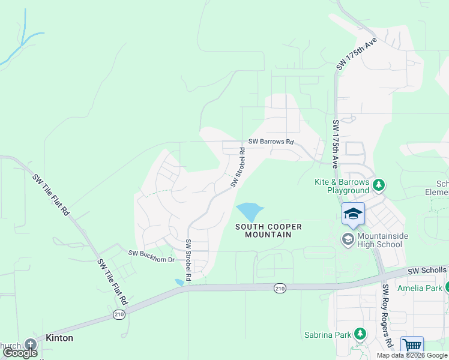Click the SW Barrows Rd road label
(271, 143)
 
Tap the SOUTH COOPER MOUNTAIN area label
(268, 230)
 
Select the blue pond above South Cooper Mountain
(249, 212)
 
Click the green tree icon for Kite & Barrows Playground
(379, 184)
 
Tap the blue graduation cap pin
(353, 214)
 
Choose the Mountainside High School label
(379, 240)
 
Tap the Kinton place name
(59, 338)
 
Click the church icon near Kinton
(31, 344)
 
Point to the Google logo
(20, 353)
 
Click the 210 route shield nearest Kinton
(119, 314)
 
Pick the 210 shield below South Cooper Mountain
(280, 289)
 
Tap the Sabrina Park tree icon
(360, 333)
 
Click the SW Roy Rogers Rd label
(388, 315)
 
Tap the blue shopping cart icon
(412, 346)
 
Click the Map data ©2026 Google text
(411, 355)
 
